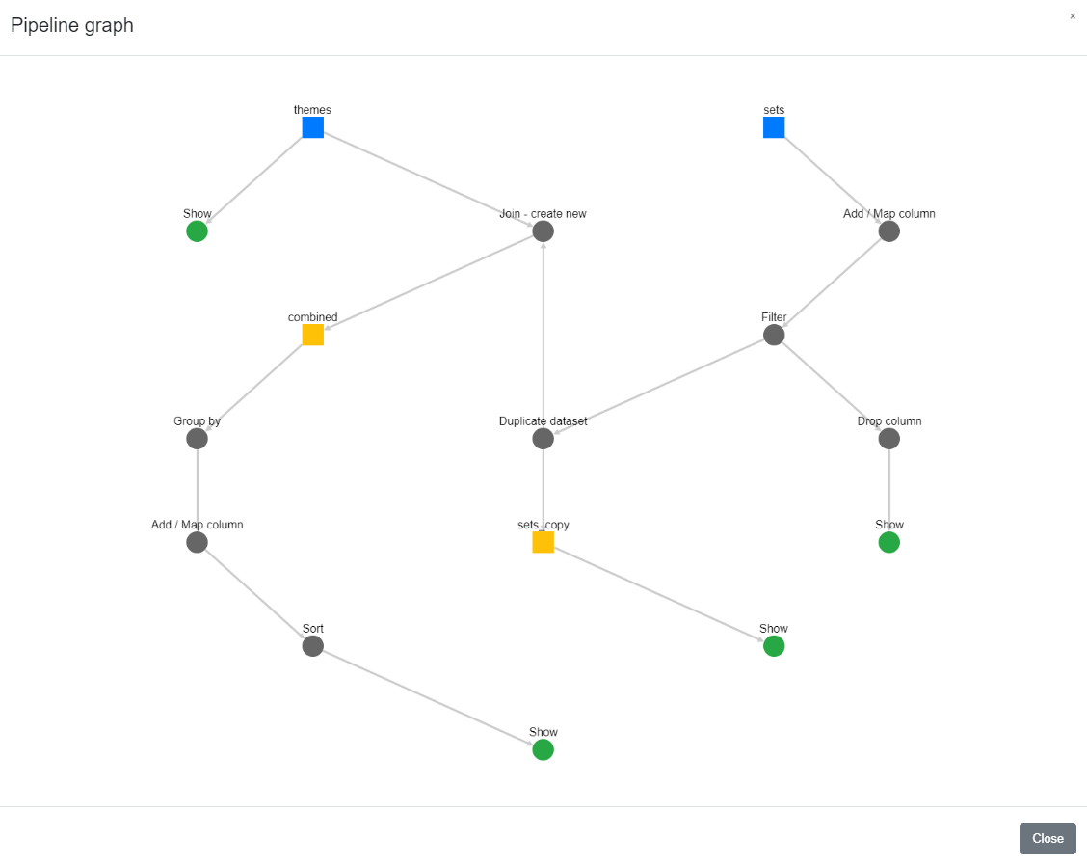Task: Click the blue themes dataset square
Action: [312, 127]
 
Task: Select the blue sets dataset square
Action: [774, 127]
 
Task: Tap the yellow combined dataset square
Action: [312, 335]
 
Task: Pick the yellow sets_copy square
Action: [543, 542]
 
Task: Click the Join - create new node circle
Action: [543, 231]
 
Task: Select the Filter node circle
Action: [774, 335]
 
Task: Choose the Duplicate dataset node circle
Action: [543, 439]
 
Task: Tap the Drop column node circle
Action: [888, 439]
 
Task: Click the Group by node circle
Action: [197, 439]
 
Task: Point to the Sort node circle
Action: [312, 646]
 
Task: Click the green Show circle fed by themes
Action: [197, 231]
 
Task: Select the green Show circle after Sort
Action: [543, 749]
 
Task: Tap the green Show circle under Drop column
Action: [888, 542]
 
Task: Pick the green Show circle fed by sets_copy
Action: [774, 646]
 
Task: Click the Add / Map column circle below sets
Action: [888, 231]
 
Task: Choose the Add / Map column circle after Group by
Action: [197, 542]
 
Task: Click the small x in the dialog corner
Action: [1073, 16]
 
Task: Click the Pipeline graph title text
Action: [72, 25]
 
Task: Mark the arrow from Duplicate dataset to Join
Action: [543, 335]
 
